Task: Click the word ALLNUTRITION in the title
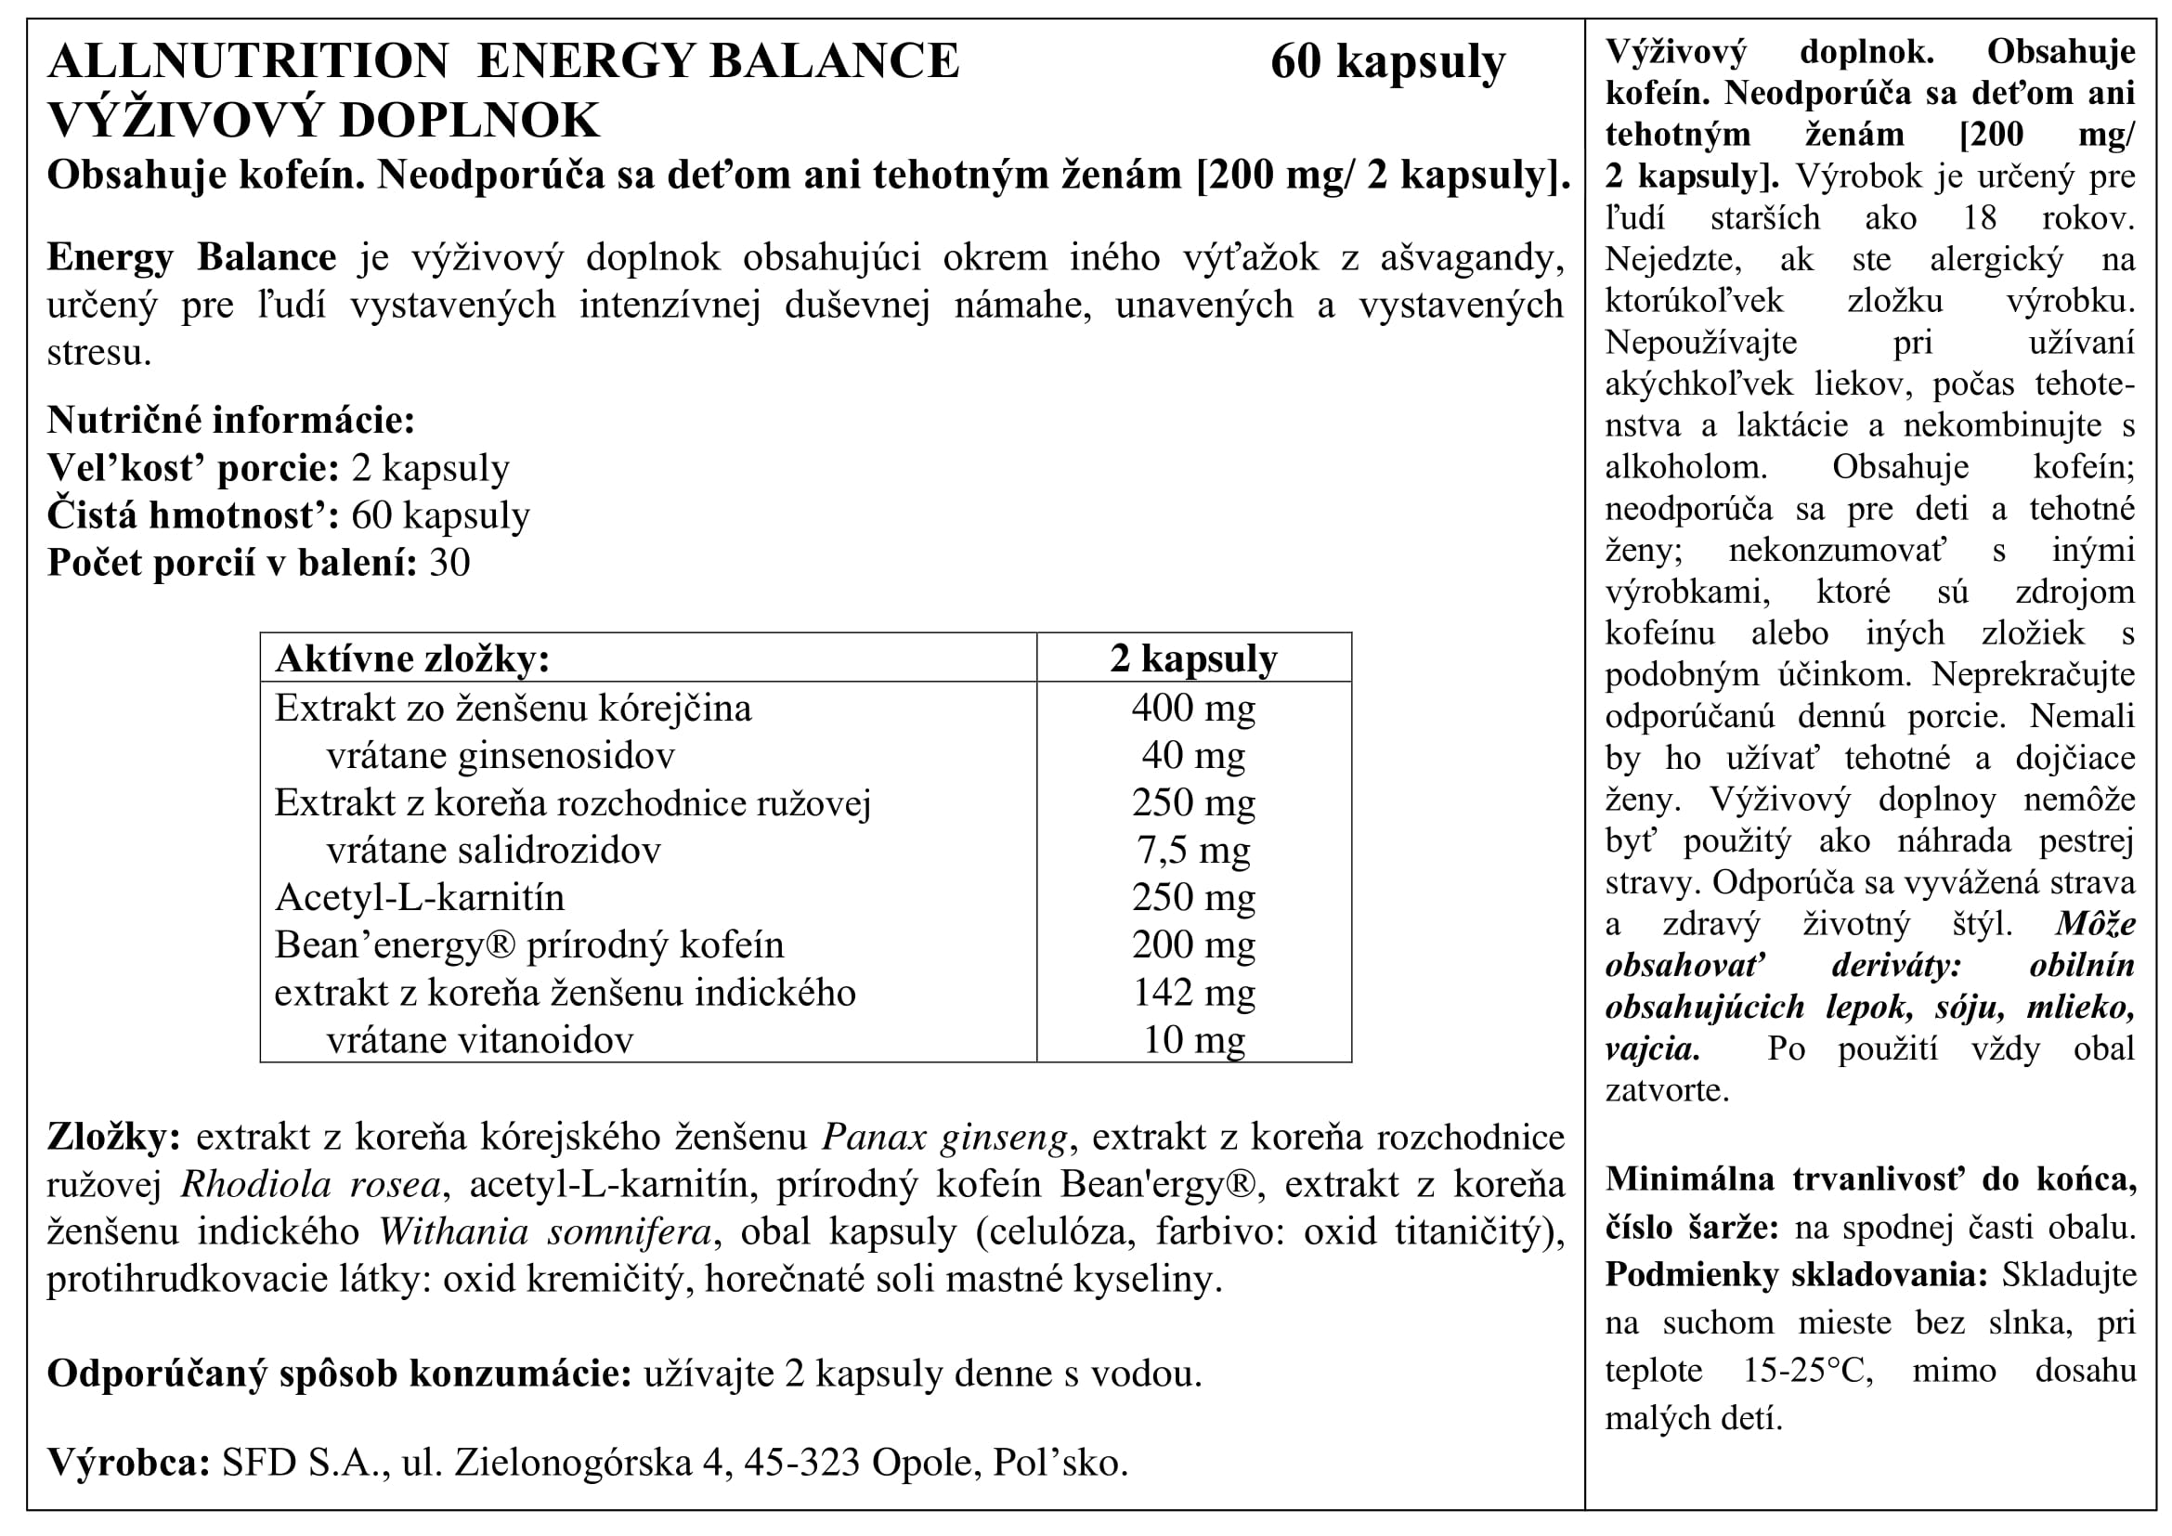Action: point(248,61)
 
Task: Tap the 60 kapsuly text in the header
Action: point(1386,62)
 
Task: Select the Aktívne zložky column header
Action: point(411,658)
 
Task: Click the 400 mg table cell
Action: point(1193,708)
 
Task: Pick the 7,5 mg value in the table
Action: point(1193,851)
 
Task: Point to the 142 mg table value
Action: point(1193,992)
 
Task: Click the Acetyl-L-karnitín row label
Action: point(419,898)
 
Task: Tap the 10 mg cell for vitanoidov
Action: point(1193,1040)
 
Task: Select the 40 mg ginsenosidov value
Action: point(1193,755)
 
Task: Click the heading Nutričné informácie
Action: point(231,420)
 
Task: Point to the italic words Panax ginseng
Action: point(944,1137)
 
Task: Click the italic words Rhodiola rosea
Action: point(310,1184)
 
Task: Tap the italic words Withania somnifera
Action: point(545,1231)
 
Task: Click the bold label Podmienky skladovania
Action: point(1797,1275)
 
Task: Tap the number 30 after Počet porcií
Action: point(449,563)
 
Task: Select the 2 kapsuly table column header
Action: point(1193,658)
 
